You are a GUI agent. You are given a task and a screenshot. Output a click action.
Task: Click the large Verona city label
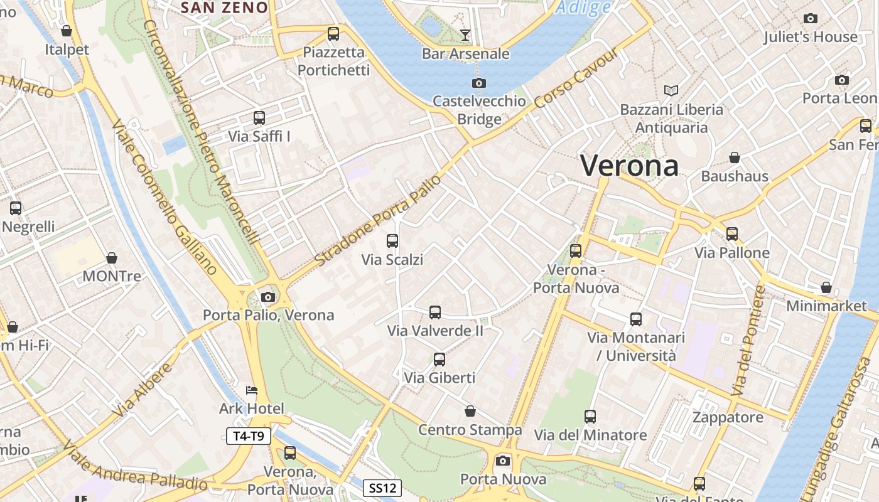(x=629, y=166)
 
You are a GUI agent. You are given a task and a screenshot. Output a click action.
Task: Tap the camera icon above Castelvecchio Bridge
(x=479, y=83)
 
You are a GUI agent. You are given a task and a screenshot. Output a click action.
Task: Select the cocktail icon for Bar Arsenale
(x=465, y=35)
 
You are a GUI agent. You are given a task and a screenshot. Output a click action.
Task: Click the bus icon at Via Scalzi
(x=392, y=240)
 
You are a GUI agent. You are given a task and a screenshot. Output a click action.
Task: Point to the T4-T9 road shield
(x=249, y=436)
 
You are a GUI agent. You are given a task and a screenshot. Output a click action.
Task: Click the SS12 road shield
(x=382, y=488)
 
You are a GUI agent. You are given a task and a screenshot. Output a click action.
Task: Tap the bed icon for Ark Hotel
(x=252, y=390)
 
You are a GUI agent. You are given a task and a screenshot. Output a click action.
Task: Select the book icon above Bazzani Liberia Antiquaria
(x=671, y=91)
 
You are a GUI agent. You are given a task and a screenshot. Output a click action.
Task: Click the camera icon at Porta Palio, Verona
(x=268, y=297)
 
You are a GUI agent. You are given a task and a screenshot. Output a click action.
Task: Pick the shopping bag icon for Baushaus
(x=734, y=158)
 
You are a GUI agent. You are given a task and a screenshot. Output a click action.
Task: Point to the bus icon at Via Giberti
(x=439, y=360)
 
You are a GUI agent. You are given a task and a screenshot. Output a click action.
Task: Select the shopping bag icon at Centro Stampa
(x=470, y=411)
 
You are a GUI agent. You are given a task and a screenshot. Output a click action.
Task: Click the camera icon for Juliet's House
(x=811, y=19)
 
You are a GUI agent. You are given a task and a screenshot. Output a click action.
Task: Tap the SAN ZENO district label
(x=224, y=8)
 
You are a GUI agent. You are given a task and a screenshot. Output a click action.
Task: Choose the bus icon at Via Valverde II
(x=435, y=312)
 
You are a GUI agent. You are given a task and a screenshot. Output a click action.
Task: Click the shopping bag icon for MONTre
(x=112, y=258)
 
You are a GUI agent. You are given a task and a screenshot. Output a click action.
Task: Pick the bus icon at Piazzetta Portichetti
(x=333, y=33)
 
